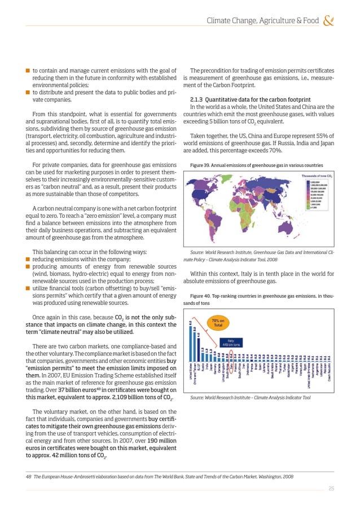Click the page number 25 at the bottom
(x=332, y=489)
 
